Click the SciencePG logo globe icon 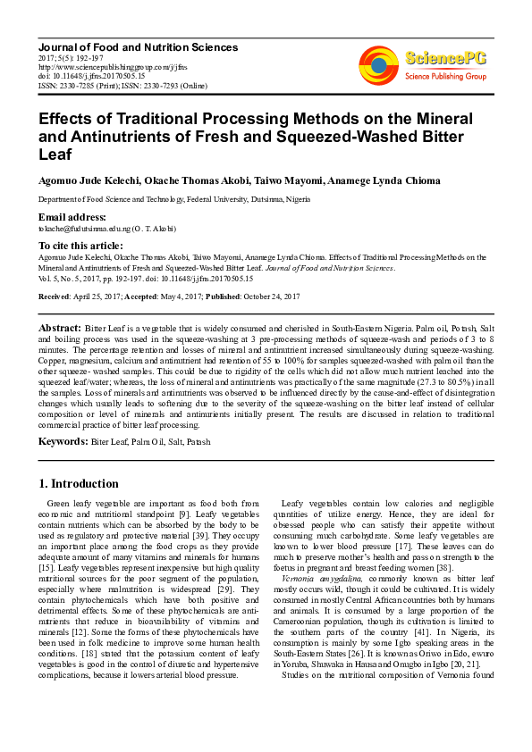379,63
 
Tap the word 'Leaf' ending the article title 55,155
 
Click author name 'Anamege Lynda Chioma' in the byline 384,180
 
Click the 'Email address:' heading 72,218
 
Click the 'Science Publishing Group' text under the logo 444,78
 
